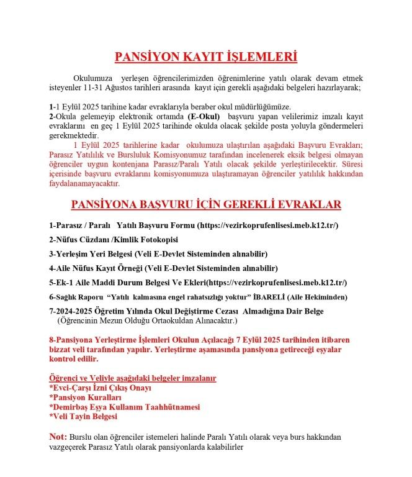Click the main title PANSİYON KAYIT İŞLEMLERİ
point(205,57)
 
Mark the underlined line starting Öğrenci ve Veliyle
point(132,378)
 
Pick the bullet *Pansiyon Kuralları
point(86,397)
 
